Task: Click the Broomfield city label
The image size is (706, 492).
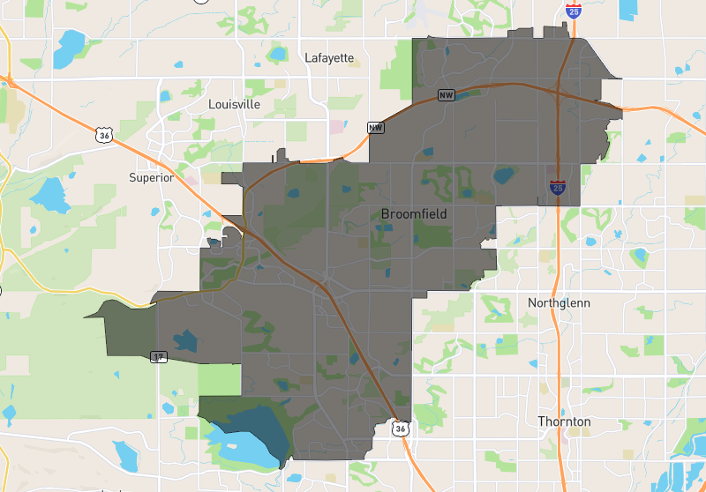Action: [x=414, y=214]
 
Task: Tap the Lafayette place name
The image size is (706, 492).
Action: [x=328, y=58]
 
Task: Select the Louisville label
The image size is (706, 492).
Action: [x=234, y=104]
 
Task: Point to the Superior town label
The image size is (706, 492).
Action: [x=151, y=177]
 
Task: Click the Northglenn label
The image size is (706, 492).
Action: [x=559, y=302]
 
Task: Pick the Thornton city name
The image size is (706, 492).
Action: [x=564, y=421]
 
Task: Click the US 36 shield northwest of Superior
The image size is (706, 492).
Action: [x=105, y=135]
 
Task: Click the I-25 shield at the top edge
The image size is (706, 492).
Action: [x=573, y=11]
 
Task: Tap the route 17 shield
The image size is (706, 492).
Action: [x=158, y=357]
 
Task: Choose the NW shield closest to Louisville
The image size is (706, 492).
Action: [x=376, y=128]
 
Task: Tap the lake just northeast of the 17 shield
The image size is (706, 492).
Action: [x=186, y=339]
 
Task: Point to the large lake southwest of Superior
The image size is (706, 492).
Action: [x=50, y=193]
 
